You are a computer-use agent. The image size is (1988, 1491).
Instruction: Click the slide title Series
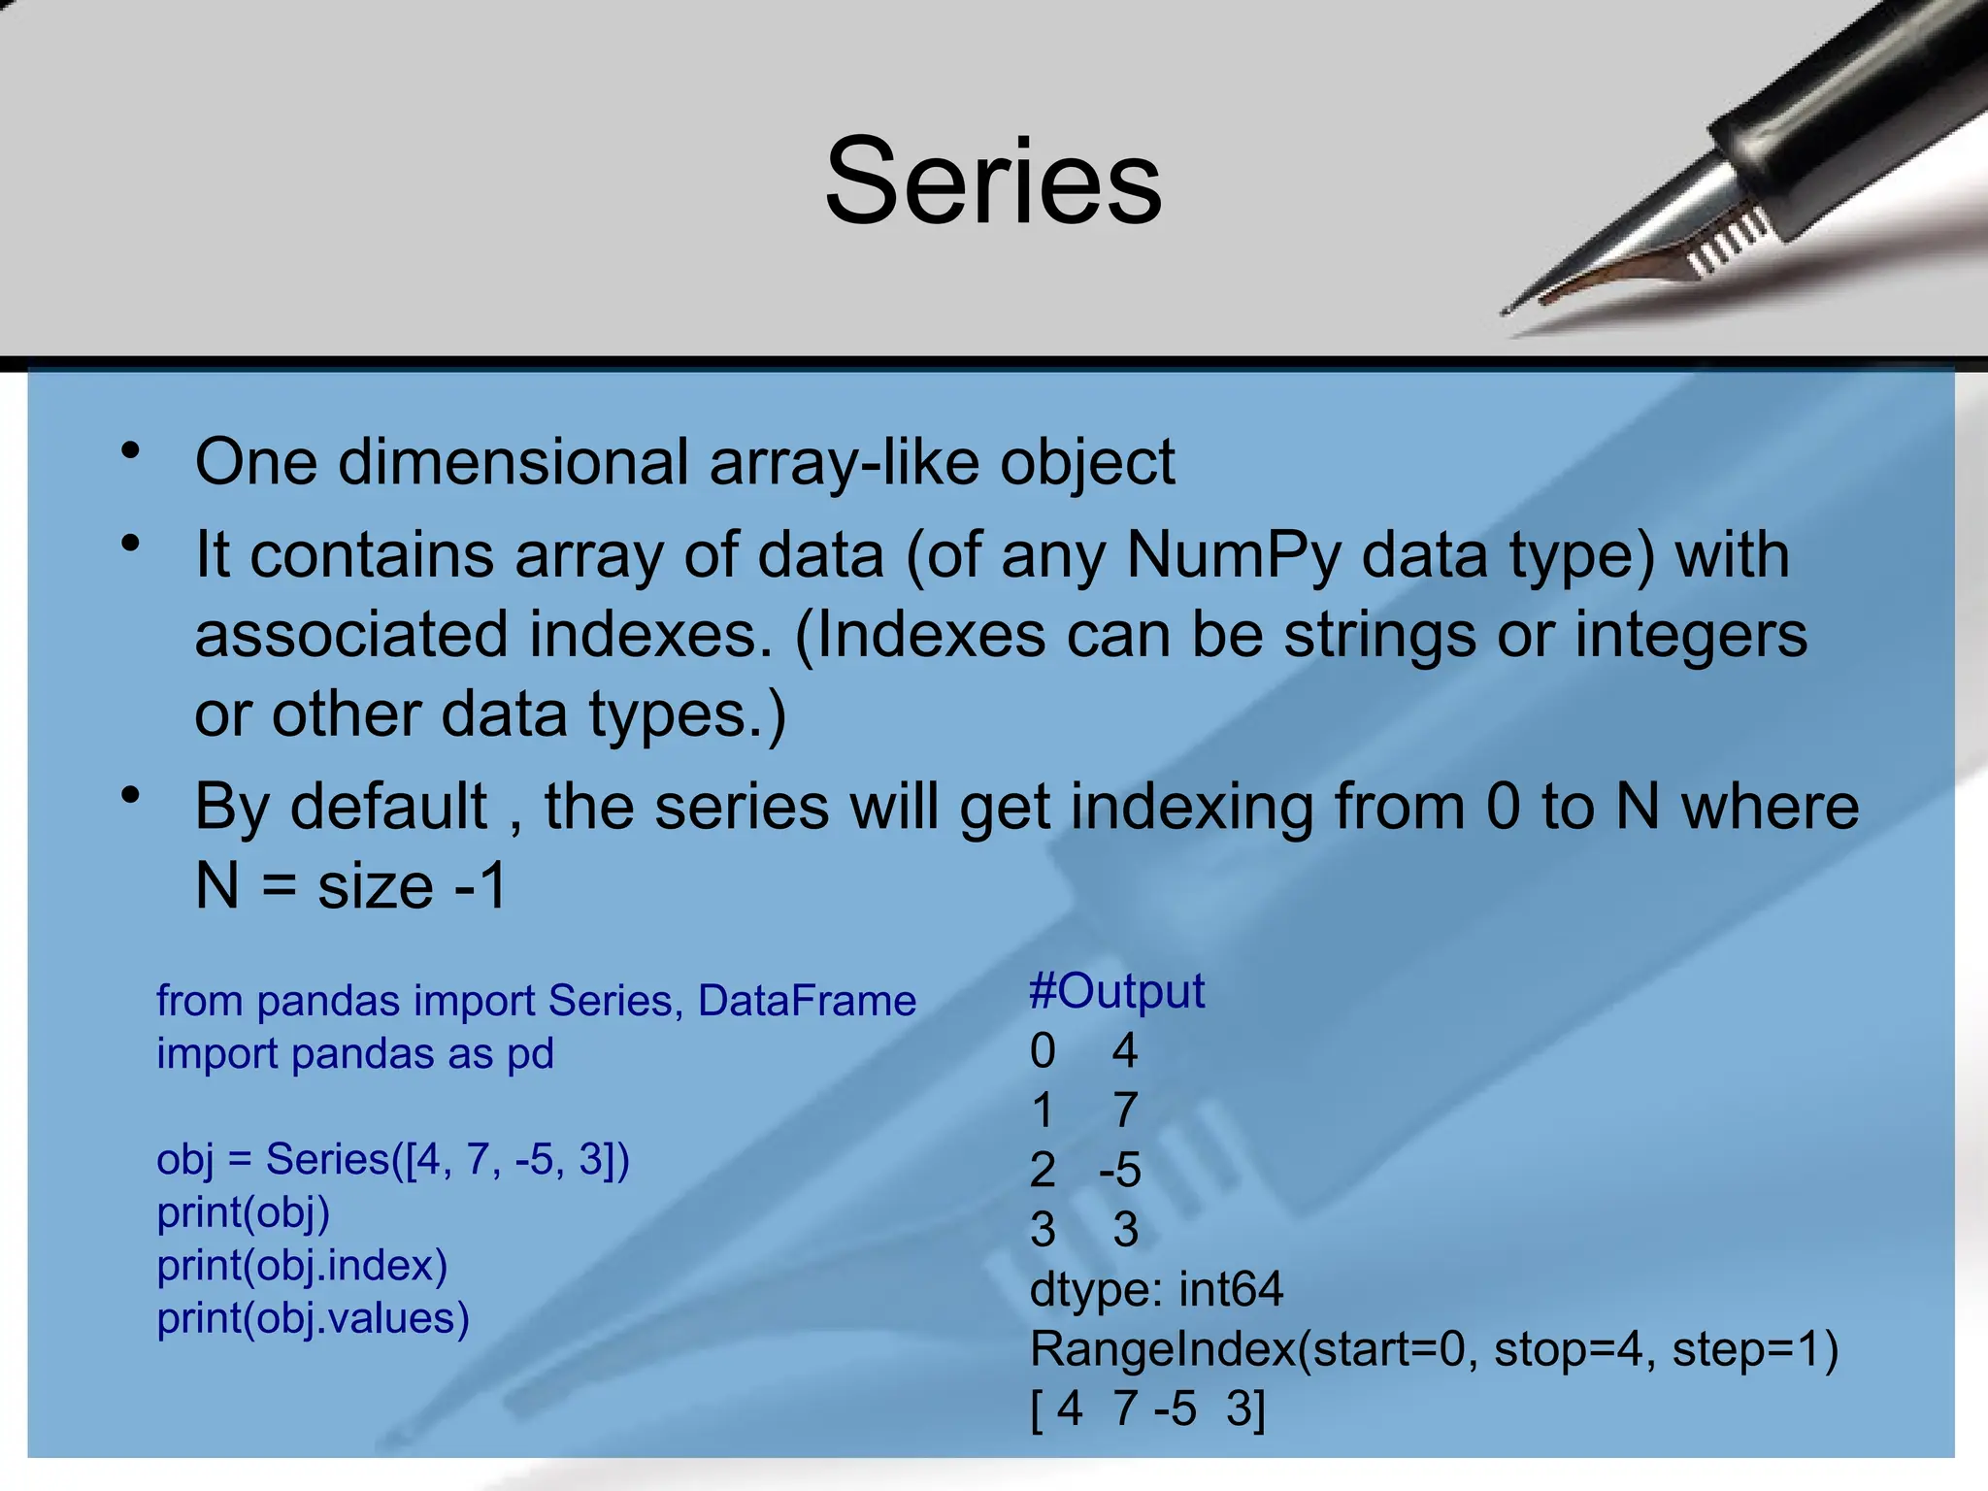pyautogui.click(x=993, y=182)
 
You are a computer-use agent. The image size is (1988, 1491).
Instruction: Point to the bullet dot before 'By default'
pyautogui.click(x=131, y=796)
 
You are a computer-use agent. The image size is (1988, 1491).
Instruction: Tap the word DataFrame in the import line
pyautogui.click(x=807, y=1001)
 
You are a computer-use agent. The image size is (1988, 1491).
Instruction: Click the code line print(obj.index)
pyautogui.click(x=302, y=1265)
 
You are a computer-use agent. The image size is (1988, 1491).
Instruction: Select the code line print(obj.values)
pyautogui.click(x=313, y=1318)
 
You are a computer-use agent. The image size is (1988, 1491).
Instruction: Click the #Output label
pyautogui.click(x=1116, y=991)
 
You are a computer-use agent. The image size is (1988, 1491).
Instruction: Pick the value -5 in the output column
pyautogui.click(x=1119, y=1170)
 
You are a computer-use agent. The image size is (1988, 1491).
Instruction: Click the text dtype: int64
pyautogui.click(x=1156, y=1289)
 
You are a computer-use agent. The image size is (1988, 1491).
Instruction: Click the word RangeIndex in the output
pyautogui.click(x=1163, y=1349)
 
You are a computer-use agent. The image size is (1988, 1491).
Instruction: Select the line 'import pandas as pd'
pyautogui.click(x=355, y=1054)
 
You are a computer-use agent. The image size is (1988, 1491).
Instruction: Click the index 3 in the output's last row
pyautogui.click(x=1043, y=1230)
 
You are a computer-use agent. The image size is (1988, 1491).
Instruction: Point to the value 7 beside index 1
pyautogui.click(x=1125, y=1110)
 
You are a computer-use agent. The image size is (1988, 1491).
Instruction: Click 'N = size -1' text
pyautogui.click(x=350, y=885)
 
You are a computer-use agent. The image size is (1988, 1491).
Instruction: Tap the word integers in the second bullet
pyautogui.click(x=1690, y=635)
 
